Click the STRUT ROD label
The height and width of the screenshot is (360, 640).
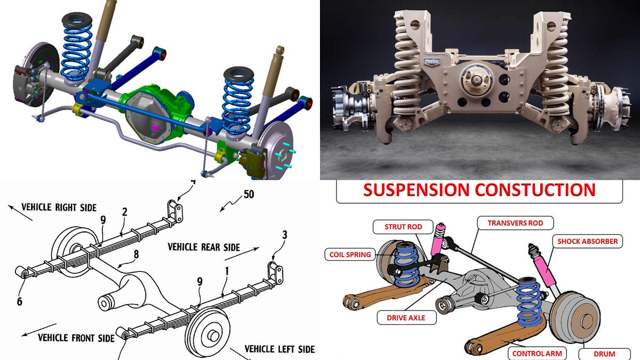(x=403, y=227)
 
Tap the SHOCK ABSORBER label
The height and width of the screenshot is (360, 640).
(x=587, y=242)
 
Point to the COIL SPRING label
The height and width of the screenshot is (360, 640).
(x=350, y=254)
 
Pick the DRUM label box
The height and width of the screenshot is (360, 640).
(x=604, y=353)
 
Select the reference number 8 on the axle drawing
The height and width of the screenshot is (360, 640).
(x=136, y=254)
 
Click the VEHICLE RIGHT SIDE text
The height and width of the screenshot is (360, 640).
(x=59, y=207)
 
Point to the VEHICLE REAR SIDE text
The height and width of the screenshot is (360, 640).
(x=204, y=247)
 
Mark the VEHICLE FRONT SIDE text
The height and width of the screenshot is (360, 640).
(x=76, y=338)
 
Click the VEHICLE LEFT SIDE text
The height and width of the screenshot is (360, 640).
(x=279, y=349)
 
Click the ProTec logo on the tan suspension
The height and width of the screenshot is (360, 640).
(x=431, y=61)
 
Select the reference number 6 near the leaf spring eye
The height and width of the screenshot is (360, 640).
(x=19, y=301)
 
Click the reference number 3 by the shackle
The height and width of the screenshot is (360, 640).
(x=284, y=234)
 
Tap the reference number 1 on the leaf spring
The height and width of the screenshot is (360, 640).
(x=226, y=270)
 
